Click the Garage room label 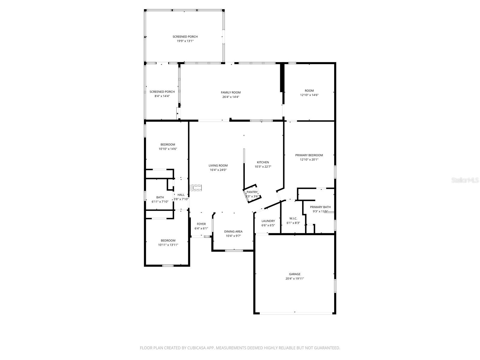point(295,274)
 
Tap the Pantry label point(252,192)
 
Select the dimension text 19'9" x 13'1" point(185,41)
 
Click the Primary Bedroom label point(309,155)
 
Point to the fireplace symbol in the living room point(196,188)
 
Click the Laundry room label point(268,221)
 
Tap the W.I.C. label point(293,218)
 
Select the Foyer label point(201,224)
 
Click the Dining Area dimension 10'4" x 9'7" point(233,236)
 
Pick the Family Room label point(231,92)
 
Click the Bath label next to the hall point(160,197)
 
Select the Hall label point(181,195)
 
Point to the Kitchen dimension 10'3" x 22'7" point(263,167)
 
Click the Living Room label point(218,165)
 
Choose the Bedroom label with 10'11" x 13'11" point(168,240)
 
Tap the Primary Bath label point(320,207)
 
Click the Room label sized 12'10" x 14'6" point(309,91)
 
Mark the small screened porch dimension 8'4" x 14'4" point(162,96)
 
